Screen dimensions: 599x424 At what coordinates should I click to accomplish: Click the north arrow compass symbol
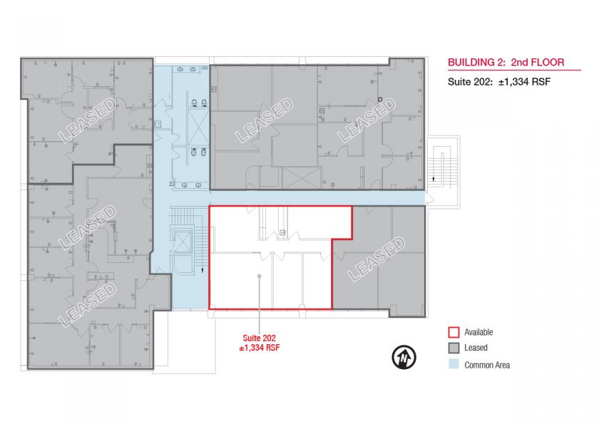(x=404, y=357)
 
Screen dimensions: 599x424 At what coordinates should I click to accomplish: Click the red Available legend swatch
(x=454, y=332)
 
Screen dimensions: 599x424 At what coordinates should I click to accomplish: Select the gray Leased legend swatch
(x=454, y=348)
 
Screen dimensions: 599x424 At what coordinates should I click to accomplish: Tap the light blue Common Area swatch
(x=454, y=363)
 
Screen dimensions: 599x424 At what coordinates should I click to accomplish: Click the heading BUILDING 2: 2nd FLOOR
(x=506, y=62)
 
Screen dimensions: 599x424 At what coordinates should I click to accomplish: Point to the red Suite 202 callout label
(x=260, y=343)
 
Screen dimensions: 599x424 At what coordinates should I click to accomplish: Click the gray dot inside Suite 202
(x=260, y=276)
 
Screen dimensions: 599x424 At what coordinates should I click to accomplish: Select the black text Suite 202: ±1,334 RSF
(x=499, y=82)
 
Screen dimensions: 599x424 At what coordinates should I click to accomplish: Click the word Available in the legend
(x=478, y=332)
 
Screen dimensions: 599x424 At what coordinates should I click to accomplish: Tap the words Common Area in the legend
(x=487, y=366)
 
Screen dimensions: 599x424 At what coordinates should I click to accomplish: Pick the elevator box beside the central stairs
(x=183, y=242)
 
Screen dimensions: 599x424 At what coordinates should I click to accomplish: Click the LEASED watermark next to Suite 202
(x=376, y=259)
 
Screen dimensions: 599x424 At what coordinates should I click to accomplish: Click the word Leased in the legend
(x=476, y=348)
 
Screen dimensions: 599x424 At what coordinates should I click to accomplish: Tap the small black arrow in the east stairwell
(x=434, y=179)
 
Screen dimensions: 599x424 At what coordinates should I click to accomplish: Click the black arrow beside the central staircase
(x=203, y=270)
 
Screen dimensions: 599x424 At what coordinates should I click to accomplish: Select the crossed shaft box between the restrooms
(x=198, y=127)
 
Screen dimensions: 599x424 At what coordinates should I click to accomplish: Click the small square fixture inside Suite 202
(x=282, y=232)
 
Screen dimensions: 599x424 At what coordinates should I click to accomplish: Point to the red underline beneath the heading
(x=514, y=71)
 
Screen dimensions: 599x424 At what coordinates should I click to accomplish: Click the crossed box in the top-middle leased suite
(x=302, y=177)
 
